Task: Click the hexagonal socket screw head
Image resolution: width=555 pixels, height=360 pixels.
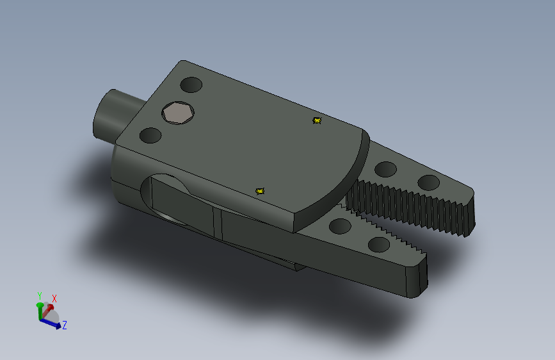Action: [178, 113]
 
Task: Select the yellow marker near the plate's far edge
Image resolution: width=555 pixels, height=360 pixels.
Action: [317, 120]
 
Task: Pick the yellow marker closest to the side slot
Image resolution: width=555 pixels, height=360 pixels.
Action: [260, 192]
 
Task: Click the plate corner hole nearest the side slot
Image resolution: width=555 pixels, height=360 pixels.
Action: [150, 135]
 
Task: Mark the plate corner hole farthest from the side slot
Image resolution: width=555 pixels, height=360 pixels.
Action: [191, 85]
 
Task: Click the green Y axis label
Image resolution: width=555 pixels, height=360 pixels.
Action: [39, 295]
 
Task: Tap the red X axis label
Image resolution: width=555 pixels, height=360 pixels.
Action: [54, 299]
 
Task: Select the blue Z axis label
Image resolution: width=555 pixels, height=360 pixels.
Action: [65, 325]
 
